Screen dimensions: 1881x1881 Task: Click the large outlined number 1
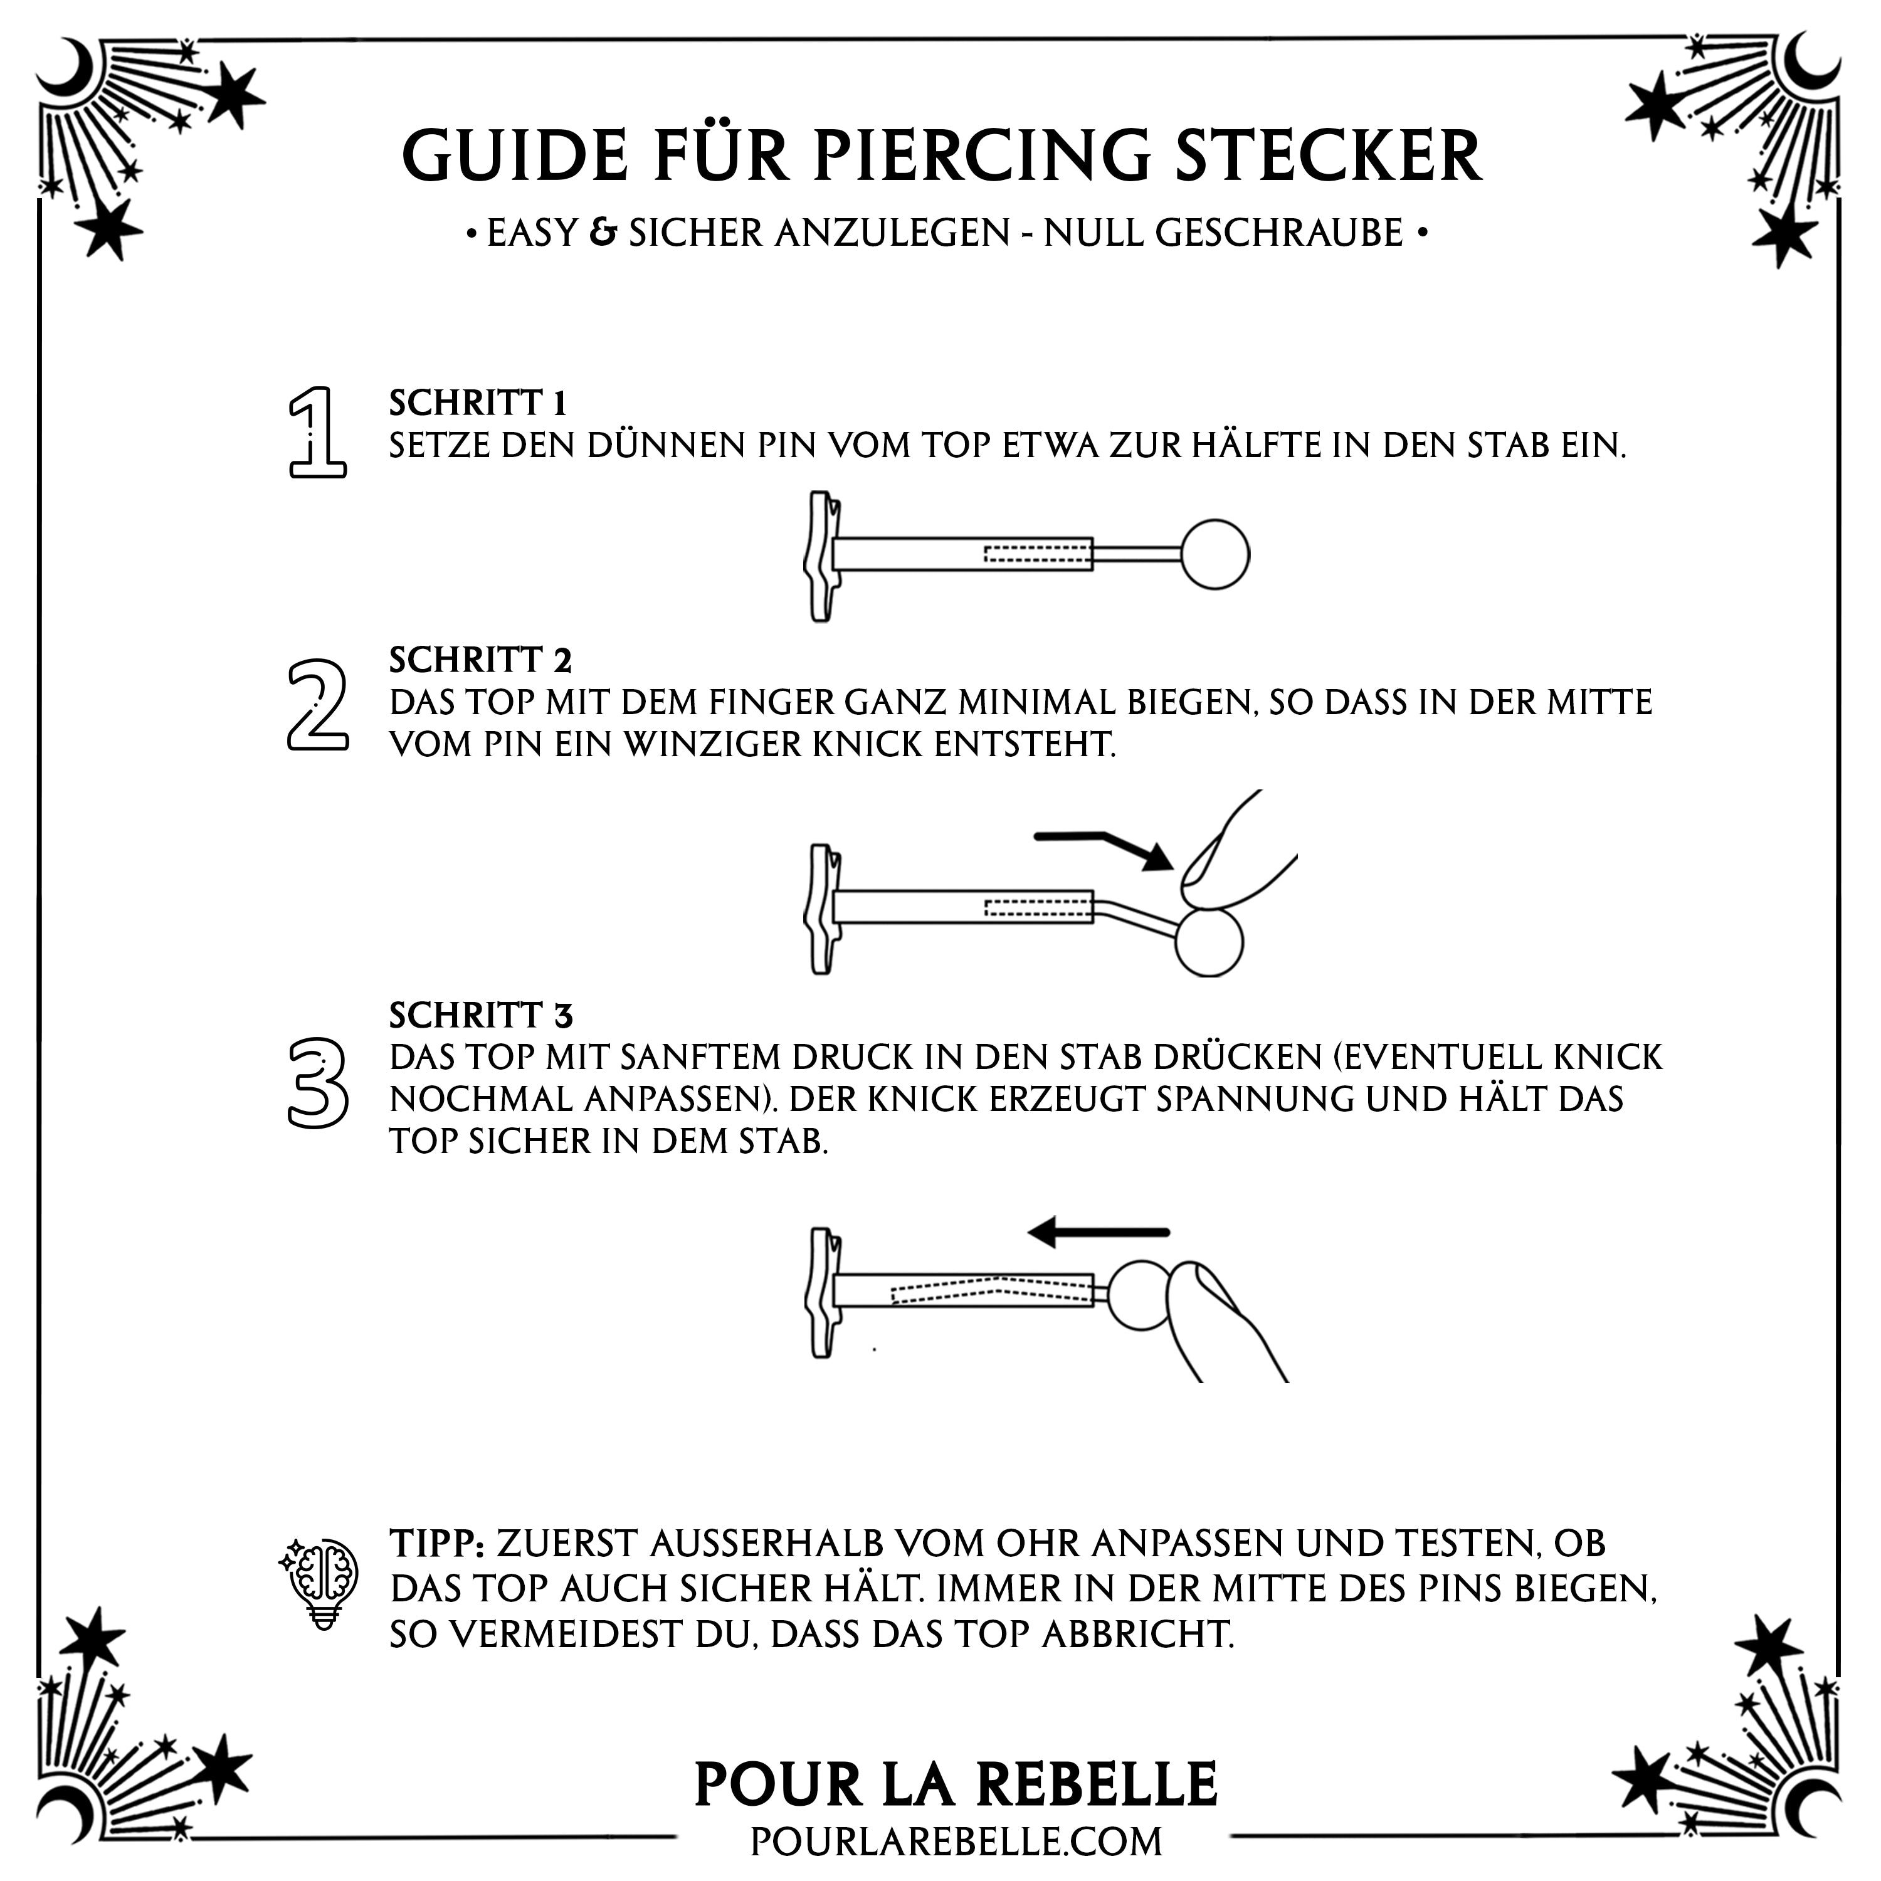[x=317, y=431]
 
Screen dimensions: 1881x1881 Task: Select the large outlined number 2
[x=317, y=705]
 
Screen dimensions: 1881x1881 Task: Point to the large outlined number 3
[x=317, y=1083]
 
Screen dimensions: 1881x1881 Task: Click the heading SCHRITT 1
[x=477, y=402]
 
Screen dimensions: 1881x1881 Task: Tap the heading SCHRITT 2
[x=480, y=660]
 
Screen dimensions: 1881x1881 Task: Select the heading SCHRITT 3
[x=481, y=1016]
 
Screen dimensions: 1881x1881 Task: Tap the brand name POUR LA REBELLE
[x=956, y=1784]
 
